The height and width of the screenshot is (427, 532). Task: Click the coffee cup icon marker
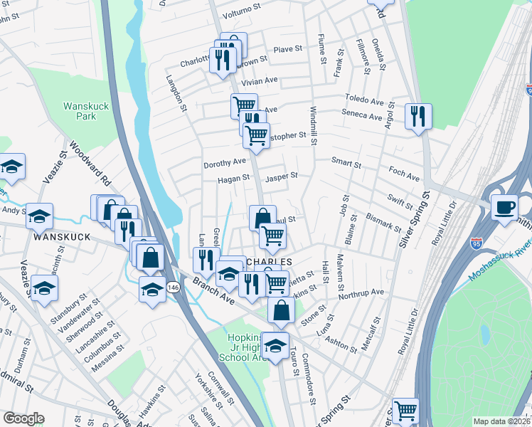coord(504,207)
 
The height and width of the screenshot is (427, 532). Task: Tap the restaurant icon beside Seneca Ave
coord(417,115)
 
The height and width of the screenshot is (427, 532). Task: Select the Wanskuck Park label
coord(86,110)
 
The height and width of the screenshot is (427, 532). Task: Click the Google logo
coord(23,418)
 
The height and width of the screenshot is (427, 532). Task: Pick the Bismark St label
coord(383,221)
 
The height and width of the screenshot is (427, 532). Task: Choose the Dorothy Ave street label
coord(225,162)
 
